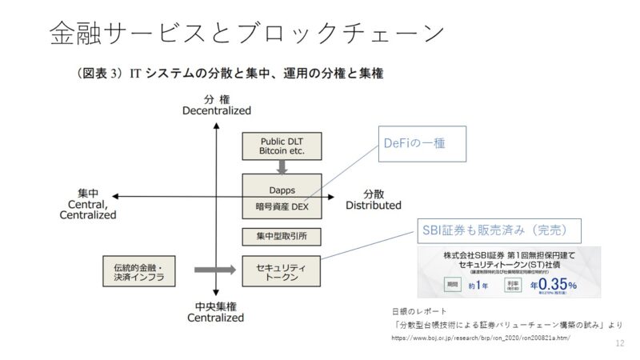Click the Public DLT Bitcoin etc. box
282,145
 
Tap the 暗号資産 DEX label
282,206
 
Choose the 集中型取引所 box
282,236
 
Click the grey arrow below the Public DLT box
282,166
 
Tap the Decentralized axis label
216,110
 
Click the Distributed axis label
373,206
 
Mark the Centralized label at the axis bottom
215,318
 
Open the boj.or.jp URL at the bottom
480,339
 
